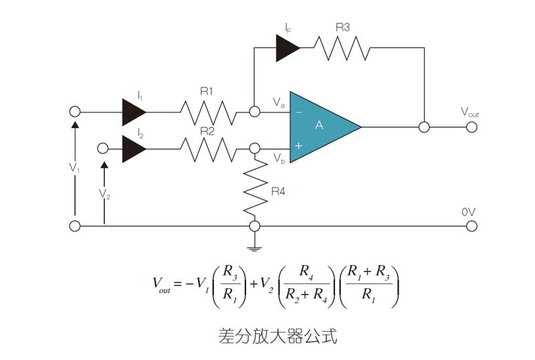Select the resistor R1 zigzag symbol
(208, 112)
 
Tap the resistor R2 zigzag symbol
(208, 149)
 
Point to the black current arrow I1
(134, 112)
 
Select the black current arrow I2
(134, 149)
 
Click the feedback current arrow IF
(288, 48)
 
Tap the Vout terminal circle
(471, 126)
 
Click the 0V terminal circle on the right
(471, 226)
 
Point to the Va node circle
(254, 112)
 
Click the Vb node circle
(254, 149)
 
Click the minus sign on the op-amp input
(298, 112)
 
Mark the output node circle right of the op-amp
(423, 126)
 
